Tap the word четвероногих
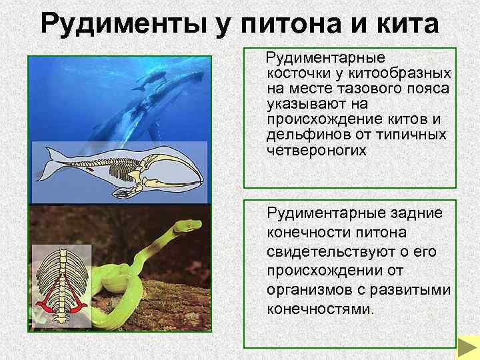(316, 151)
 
